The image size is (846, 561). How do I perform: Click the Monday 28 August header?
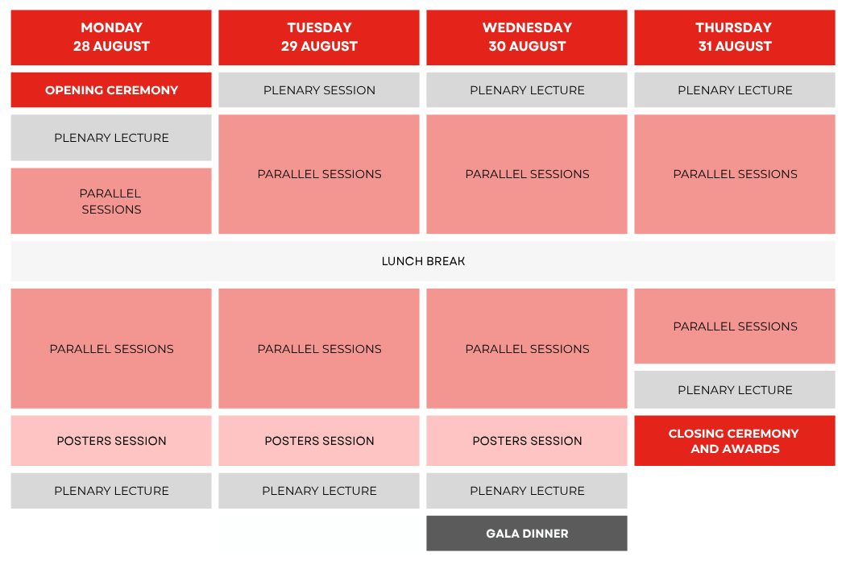click(111, 37)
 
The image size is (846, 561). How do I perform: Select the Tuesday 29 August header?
click(319, 37)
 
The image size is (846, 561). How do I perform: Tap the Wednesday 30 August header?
click(527, 37)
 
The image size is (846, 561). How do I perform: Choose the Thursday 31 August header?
click(734, 37)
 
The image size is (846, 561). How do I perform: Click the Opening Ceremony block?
click(111, 89)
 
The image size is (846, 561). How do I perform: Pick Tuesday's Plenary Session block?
click(319, 89)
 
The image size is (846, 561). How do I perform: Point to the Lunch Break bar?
click(423, 261)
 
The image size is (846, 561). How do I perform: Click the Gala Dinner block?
click(527, 534)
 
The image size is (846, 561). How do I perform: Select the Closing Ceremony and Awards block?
click(734, 441)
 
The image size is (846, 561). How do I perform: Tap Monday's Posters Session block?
click(111, 441)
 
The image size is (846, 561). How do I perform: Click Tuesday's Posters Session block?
click(319, 441)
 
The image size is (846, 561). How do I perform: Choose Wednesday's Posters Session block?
click(527, 441)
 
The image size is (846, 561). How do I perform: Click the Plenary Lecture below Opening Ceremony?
click(111, 137)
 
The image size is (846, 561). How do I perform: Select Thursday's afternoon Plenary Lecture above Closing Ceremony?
click(734, 389)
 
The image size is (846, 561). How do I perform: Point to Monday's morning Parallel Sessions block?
click(111, 201)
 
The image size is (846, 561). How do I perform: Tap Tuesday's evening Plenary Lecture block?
click(319, 490)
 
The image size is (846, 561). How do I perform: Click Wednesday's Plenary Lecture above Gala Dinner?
click(527, 490)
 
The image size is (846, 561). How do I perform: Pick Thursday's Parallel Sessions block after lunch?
click(734, 326)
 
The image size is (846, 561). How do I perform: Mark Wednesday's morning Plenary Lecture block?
click(527, 89)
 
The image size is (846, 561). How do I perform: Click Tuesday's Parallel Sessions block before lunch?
click(319, 174)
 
